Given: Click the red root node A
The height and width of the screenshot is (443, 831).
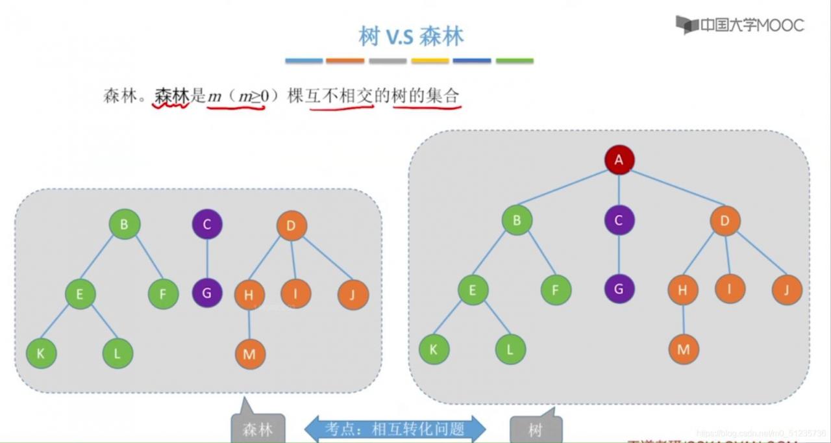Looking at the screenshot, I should pyautogui.click(x=619, y=160).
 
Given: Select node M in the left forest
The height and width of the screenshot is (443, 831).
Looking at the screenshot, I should pyautogui.click(x=250, y=354).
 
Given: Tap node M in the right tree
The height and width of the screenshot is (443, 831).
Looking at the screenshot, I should pyautogui.click(x=683, y=349).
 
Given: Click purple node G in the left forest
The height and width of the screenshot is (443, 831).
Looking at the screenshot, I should pyautogui.click(x=207, y=293).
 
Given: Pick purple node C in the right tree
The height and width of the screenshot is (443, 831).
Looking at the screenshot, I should pyautogui.click(x=618, y=221).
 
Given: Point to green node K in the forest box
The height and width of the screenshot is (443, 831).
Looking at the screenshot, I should pyautogui.click(x=41, y=354).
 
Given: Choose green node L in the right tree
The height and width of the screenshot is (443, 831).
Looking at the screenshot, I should pyautogui.click(x=510, y=349).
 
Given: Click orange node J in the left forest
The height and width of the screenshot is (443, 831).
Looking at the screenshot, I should pyautogui.click(x=353, y=295).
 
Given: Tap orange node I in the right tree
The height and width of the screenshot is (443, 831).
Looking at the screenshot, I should pyautogui.click(x=730, y=288).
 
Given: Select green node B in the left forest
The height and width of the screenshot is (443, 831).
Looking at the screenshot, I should pyautogui.click(x=124, y=225).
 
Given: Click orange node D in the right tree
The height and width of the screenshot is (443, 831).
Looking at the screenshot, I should pyautogui.click(x=725, y=221).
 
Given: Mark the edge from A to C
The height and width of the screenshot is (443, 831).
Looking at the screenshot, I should pyautogui.click(x=619, y=190).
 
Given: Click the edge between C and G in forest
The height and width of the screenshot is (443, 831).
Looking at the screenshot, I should pyautogui.click(x=207, y=259).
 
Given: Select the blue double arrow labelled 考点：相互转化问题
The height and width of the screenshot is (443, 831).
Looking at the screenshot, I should pyautogui.click(x=395, y=429).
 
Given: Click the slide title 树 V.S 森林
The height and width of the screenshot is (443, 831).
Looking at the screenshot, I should pyautogui.click(x=411, y=36).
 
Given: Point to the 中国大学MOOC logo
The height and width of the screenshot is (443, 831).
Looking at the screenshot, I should pyautogui.click(x=739, y=25).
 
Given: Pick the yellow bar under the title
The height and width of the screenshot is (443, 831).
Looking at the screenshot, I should pyautogui.click(x=430, y=61).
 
